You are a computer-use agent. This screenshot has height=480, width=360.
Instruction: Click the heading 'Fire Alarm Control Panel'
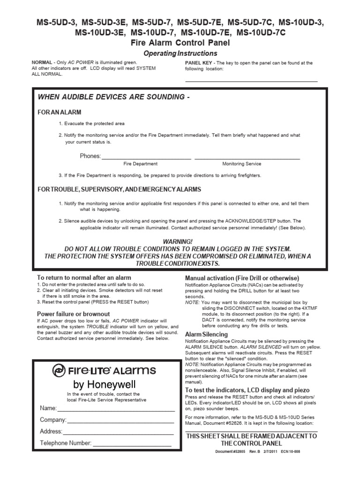[x=180, y=43]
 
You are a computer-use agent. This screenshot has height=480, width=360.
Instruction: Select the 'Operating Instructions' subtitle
[x=180, y=53]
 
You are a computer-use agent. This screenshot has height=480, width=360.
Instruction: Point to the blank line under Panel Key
[x=251, y=81]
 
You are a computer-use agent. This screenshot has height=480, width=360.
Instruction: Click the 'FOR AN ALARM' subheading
[x=60, y=112]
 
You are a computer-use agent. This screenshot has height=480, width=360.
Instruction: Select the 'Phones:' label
[x=90, y=156]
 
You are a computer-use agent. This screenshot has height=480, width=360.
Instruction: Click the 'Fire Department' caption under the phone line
[x=140, y=164]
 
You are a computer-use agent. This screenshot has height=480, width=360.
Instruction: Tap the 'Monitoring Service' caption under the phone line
[x=241, y=164]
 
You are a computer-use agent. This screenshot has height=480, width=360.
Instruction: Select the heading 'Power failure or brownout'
[x=74, y=314]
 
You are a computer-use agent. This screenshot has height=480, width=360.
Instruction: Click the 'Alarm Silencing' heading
[x=207, y=334]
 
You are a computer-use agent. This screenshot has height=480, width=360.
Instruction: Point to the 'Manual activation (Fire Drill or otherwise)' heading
[x=242, y=277]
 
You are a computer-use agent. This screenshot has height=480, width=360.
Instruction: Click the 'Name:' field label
[x=48, y=408]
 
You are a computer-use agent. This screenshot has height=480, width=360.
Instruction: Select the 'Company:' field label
[x=53, y=420]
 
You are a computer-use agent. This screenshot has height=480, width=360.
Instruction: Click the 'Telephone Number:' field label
[x=66, y=442]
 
